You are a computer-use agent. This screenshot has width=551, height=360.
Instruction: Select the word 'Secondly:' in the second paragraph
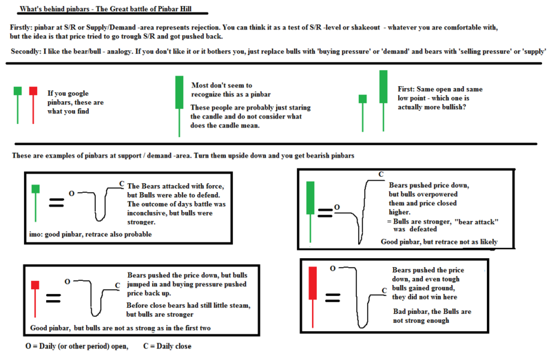click(x=30, y=52)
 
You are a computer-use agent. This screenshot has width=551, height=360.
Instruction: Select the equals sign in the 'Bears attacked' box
click(x=57, y=202)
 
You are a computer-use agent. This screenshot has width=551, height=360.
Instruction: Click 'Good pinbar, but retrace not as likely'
click(x=438, y=242)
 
